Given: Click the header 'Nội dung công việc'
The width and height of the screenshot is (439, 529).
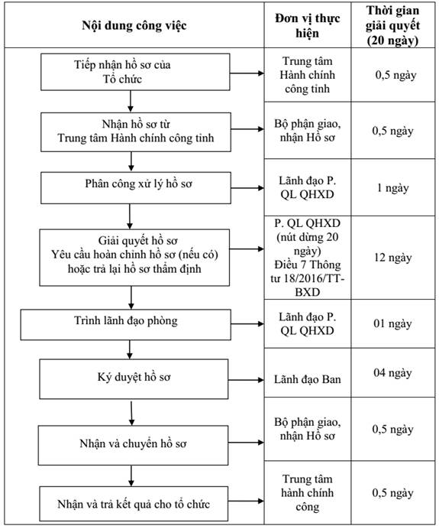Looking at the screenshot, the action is tap(134, 25).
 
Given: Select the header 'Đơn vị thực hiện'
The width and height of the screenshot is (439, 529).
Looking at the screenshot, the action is tap(307, 25).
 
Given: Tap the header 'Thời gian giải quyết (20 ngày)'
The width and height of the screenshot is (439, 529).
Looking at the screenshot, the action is tap(393, 25).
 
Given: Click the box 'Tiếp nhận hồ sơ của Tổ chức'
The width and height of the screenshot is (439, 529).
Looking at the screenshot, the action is tap(135, 72).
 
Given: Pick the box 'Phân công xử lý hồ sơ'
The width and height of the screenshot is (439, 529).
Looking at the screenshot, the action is tap(136, 188).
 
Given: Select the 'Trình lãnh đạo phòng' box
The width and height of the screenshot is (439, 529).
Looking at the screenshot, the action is tap(126, 325).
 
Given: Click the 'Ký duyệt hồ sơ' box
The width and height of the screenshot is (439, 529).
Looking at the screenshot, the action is tap(134, 379).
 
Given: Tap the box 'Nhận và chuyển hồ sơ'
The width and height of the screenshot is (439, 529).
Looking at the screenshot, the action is tap(133, 446).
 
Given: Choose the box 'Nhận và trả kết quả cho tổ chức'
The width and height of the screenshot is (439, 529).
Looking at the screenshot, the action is tap(134, 504).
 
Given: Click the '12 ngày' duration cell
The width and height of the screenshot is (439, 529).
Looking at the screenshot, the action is tap(393, 258).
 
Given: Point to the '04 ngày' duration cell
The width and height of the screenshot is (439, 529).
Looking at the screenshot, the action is tap(393, 373).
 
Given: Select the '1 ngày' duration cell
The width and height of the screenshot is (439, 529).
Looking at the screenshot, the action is tap(393, 188).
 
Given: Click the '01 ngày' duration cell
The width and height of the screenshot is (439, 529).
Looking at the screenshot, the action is tap(393, 323).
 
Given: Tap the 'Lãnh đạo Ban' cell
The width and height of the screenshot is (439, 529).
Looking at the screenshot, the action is tap(307, 379).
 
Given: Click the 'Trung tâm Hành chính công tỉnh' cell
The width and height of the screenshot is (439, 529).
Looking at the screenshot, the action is tap(307, 75).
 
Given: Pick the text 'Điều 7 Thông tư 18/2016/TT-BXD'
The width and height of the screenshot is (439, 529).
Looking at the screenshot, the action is tap(307, 278).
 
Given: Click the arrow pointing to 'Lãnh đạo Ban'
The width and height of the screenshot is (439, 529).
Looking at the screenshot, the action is tap(247, 380).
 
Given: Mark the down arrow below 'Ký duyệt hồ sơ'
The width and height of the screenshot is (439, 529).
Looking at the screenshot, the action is tap(131, 412).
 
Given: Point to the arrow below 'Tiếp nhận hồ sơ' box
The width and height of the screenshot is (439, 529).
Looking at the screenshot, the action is tap(131, 101).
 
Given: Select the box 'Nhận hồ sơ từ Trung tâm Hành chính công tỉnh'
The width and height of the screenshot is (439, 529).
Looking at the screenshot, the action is tap(136, 132).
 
